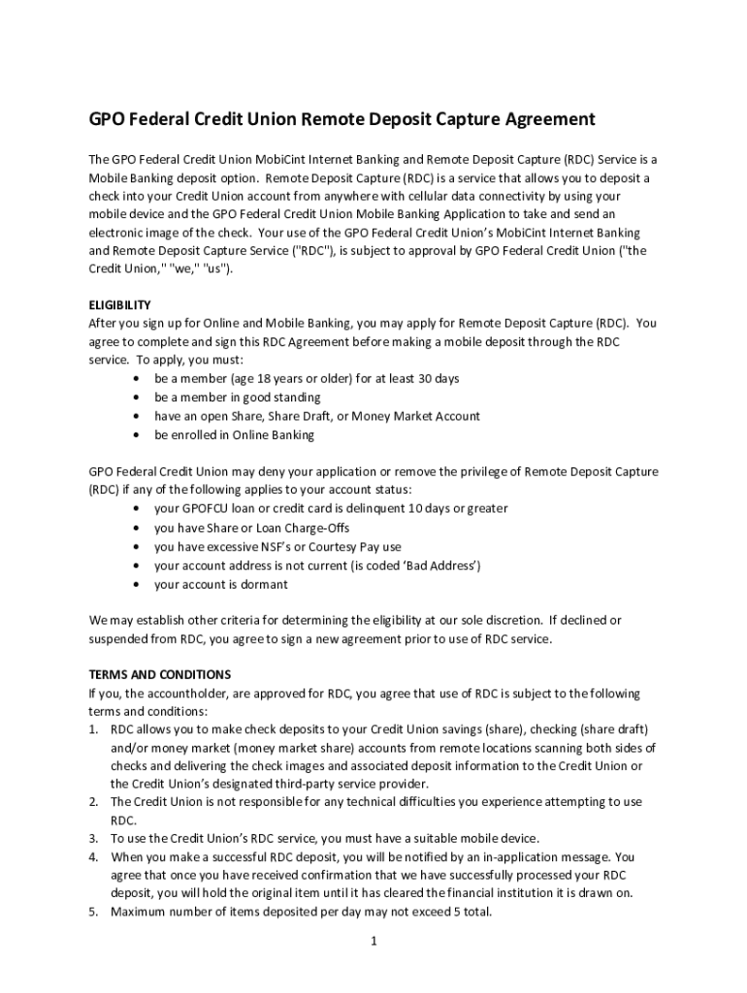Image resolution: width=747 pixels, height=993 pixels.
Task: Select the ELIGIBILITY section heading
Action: tap(119, 304)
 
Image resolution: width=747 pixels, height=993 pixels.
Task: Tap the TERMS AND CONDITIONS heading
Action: tap(159, 674)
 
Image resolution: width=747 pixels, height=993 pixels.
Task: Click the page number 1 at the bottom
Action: tap(373, 939)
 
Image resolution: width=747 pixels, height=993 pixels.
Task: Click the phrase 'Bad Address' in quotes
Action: tap(442, 565)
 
